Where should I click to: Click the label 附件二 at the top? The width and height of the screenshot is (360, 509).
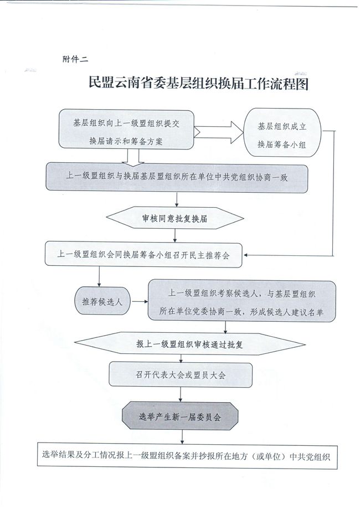(75, 59)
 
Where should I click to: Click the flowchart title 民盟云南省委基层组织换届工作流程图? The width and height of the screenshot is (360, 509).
(198, 84)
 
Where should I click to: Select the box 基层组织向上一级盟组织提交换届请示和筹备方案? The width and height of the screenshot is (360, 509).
(126, 130)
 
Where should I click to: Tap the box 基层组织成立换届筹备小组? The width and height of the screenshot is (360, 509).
(282, 132)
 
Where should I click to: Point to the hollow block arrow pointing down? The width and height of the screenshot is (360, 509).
(132, 158)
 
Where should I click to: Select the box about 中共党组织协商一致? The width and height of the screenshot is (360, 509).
(177, 178)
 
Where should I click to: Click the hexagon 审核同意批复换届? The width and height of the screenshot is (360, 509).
(175, 218)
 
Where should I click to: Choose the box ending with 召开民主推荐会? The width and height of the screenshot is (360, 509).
(143, 255)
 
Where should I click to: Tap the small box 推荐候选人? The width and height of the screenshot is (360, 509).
(102, 301)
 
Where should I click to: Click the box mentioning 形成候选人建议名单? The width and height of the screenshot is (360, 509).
(242, 301)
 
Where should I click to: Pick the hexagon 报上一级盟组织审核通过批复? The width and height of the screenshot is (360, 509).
(190, 344)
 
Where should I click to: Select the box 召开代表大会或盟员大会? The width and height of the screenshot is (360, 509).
(181, 375)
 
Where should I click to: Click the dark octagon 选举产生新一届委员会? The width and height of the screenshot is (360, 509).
(180, 416)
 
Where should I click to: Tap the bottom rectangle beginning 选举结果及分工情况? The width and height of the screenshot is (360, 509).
(187, 455)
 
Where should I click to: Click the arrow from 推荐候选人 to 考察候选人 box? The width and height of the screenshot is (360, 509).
(139, 301)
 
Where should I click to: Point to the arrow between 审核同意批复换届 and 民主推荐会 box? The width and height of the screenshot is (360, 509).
(175, 235)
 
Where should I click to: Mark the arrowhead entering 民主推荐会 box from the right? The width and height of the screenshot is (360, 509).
(245, 255)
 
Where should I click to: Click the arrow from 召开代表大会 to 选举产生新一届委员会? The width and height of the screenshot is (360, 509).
(181, 395)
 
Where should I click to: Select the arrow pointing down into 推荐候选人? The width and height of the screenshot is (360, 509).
(99, 277)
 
